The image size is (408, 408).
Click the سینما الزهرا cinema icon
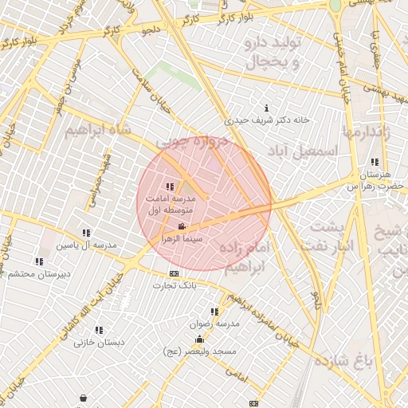tap(182, 227)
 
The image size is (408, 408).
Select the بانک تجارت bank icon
tap(174, 274)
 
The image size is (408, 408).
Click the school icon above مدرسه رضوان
tap(214, 312)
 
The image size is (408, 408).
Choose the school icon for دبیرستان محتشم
tap(39, 261)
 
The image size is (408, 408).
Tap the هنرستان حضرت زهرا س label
tap(375, 179)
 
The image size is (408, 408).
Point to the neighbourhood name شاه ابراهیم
tap(96, 127)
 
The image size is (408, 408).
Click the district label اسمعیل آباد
tap(302, 150)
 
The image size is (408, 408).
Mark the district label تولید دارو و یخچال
tap(271, 49)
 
